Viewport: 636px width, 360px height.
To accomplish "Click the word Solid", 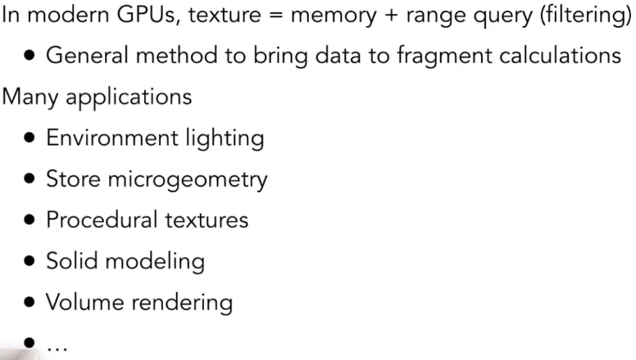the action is (70, 261).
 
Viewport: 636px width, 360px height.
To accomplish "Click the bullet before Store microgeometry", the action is (30, 180).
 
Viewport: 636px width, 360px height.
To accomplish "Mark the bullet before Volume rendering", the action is (30, 303).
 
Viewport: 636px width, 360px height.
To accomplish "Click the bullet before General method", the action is (30, 57).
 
